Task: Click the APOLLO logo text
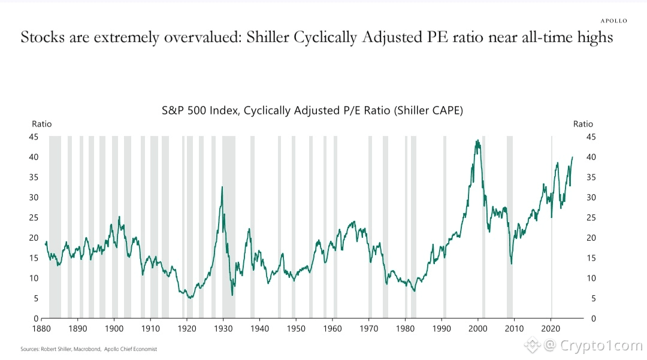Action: coord(613,20)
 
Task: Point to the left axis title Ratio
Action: coord(41,124)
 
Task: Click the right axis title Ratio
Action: coord(583,124)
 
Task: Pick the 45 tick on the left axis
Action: coord(35,137)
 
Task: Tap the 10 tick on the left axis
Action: coord(35,278)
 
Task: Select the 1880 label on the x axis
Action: coord(41,329)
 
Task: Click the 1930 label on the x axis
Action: coord(223,329)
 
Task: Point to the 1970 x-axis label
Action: coord(368,329)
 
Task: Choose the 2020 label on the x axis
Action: coord(551,329)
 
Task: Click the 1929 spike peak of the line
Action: coord(222,187)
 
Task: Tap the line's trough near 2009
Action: coord(512,264)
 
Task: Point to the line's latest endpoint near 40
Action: coord(572,157)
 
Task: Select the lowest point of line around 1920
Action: coord(190,298)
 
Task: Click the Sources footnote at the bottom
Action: coord(89,349)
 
